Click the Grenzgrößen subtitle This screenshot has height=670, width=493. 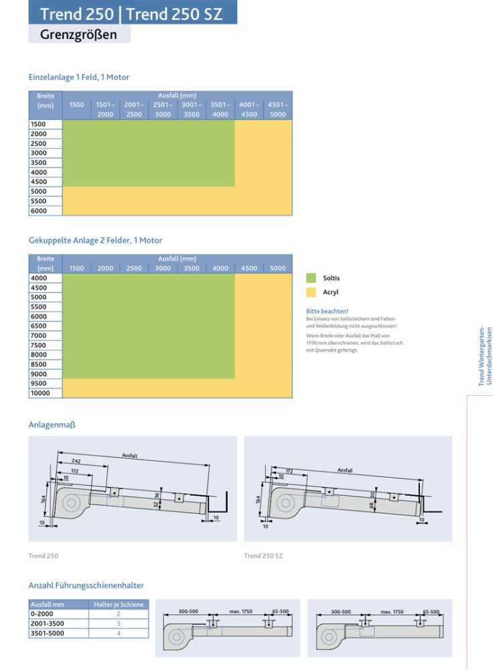point(79,34)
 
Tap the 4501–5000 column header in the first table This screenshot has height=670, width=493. point(277,109)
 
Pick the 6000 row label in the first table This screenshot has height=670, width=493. point(38,210)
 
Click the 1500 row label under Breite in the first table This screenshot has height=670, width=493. point(38,125)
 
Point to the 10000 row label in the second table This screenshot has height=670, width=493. point(40,393)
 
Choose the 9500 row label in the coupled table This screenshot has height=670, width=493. point(38,384)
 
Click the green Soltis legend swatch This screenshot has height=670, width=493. point(311,277)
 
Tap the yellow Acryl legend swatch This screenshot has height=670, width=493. point(311,292)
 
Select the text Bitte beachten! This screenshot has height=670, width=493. point(327,311)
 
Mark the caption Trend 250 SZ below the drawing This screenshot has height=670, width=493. point(263,555)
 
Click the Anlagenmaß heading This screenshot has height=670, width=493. point(47,425)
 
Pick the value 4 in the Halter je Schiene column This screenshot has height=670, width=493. point(119,632)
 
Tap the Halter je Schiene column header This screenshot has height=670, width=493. point(119,604)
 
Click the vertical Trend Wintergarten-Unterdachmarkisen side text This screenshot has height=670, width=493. point(486,356)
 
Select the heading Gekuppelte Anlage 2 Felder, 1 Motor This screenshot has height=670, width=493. point(95,240)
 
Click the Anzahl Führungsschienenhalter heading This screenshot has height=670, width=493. point(86,586)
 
